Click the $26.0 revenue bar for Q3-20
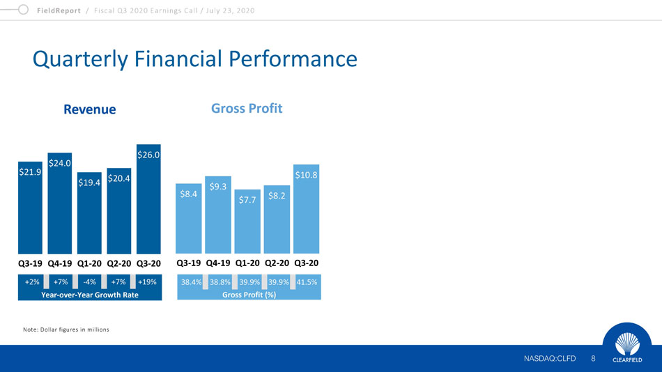[x=148, y=199]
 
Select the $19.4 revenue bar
[x=89, y=212]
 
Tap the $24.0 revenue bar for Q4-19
[x=59, y=203]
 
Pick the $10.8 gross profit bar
[x=306, y=209]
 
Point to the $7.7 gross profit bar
[x=247, y=222]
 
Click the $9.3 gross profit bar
[x=218, y=215]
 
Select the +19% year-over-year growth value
[x=147, y=281]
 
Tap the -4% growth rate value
[x=89, y=281]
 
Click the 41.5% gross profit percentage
[x=307, y=282]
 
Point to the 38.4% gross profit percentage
[x=191, y=282]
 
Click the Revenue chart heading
[x=89, y=109]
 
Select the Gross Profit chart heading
[x=247, y=109]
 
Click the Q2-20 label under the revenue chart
[x=118, y=263]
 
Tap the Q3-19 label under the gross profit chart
[x=188, y=263]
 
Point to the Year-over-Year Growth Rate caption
[x=90, y=295]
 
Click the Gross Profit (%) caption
[x=249, y=295]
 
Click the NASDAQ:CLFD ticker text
[x=550, y=359]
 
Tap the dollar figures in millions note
[x=66, y=330]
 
